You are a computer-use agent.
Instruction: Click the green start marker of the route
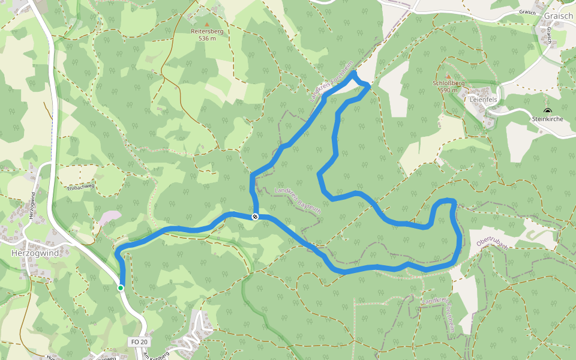coord(121,288)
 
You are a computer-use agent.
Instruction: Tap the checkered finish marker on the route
coord(255,217)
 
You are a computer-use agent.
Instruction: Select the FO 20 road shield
coord(139,342)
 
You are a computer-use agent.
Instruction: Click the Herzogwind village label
coord(35,253)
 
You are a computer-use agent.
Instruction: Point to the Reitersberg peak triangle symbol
coord(208,25)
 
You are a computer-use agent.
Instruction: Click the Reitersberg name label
coord(207,31)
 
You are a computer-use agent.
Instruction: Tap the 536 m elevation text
coord(207,38)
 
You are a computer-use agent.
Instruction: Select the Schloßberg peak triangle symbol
coord(448,76)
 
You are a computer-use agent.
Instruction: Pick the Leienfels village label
coord(485,100)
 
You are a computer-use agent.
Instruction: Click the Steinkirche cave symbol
coord(547,111)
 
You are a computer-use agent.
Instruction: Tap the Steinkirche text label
coord(547,119)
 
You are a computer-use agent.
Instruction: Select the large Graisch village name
coord(559,16)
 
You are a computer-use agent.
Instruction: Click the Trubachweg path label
coord(81,187)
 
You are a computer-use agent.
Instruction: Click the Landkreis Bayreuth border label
coord(298,201)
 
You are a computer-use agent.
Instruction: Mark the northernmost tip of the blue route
coord(354,72)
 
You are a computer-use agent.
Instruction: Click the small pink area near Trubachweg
coord(111,216)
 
